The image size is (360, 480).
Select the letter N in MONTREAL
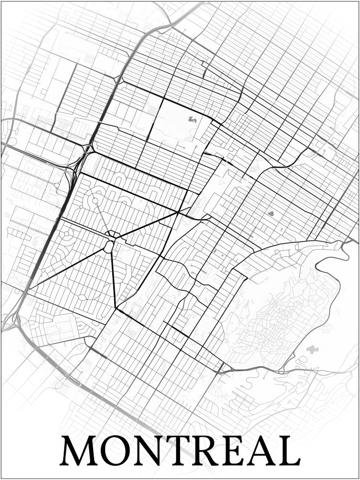[x=153, y=451]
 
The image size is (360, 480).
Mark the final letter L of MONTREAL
[x=291, y=451]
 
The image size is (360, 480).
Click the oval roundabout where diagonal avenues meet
[x=109, y=247]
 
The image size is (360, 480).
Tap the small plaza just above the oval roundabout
[x=113, y=235]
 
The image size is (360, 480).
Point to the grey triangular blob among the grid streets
[x=270, y=213]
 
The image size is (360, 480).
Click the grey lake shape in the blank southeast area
[x=312, y=349]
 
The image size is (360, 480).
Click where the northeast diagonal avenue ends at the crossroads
[x=179, y=212]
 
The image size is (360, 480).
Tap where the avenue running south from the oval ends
[x=116, y=308]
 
